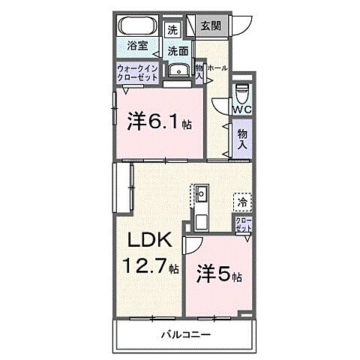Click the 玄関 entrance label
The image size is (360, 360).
[x=209, y=26]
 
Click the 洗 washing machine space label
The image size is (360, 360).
[x=173, y=31]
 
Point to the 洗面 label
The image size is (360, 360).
[x=177, y=52]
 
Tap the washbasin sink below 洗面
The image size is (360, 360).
[x=177, y=71]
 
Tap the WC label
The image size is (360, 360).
[x=241, y=109]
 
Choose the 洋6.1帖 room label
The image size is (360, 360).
[x=158, y=121]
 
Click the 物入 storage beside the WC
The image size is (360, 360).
[x=241, y=142]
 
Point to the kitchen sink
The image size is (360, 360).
[x=202, y=196]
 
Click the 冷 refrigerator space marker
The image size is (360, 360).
[x=242, y=201]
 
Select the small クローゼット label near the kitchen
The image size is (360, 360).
[x=244, y=224]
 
